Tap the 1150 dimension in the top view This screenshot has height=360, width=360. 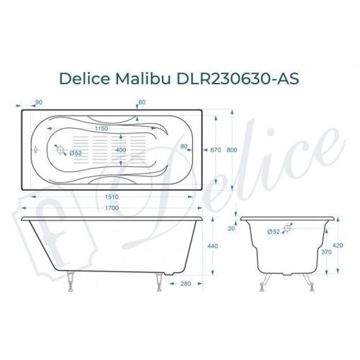[105, 129]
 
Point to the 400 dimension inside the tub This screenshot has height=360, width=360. [120, 150]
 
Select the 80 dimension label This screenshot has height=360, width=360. [185, 147]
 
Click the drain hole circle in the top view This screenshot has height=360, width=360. [60, 151]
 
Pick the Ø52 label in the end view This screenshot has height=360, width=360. [274, 232]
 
